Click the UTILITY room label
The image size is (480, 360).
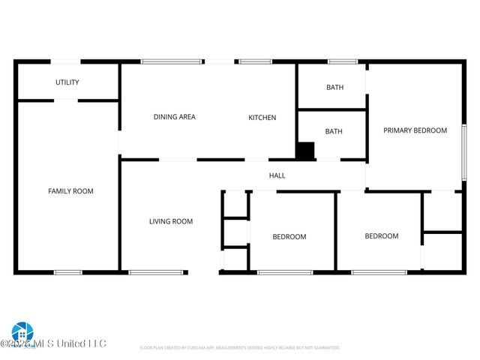(67, 82)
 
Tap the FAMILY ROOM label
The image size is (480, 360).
(70, 191)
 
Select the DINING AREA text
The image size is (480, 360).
(175, 117)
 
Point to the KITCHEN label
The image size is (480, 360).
(262, 118)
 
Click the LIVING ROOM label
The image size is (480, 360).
(171, 221)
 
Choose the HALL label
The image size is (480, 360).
(277, 175)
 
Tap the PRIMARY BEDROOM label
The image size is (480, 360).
(415, 130)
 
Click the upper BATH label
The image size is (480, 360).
(334, 88)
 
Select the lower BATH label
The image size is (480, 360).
(334, 132)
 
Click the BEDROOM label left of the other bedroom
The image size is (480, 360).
(289, 237)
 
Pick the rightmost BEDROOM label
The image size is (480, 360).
(382, 236)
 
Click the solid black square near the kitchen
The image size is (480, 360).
(305, 151)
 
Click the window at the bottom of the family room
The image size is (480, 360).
(68, 271)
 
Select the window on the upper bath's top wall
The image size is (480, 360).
(343, 62)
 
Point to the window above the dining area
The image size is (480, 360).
(172, 62)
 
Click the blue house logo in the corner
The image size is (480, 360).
(22, 332)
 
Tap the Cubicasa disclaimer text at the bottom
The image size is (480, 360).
(240, 348)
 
